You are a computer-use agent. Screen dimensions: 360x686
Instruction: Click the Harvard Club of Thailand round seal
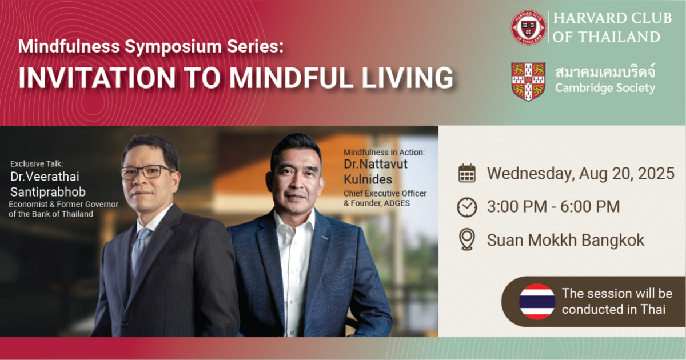click(x=528, y=27)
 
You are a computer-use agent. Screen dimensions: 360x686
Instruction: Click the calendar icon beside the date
click(x=467, y=173)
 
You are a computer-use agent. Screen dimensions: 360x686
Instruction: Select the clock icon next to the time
click(x=467, y=207)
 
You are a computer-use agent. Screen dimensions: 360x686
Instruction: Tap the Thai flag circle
click(x=537, y=301)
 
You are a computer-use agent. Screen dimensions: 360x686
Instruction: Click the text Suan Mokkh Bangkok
click(x=565, y=240)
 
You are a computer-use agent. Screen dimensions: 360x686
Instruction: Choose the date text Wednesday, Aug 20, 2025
click(x=580, y=173)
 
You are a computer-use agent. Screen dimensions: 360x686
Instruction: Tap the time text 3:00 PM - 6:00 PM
click(x=553, y=207)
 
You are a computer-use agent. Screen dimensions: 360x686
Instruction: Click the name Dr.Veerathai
click(x=45, y=177)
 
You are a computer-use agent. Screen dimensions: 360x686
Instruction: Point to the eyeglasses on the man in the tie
click(x=150, y=171)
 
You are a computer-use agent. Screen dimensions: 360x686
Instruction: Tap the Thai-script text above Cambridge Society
click(x=605, y=73)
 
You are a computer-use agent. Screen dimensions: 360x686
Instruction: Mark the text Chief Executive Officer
click(x=385, y=193)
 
